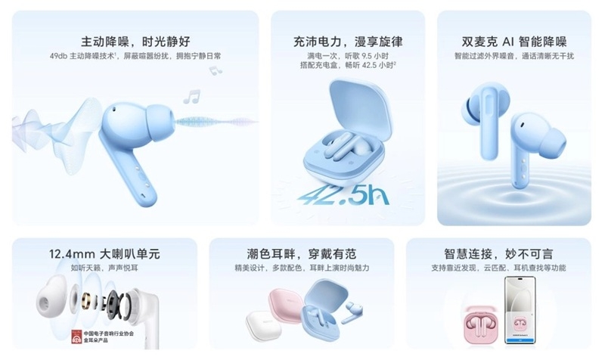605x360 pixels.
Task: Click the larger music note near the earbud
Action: pyautogui.click(x=192, y=97)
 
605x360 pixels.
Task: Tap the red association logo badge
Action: pyautogui.click(x=77, y=338)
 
